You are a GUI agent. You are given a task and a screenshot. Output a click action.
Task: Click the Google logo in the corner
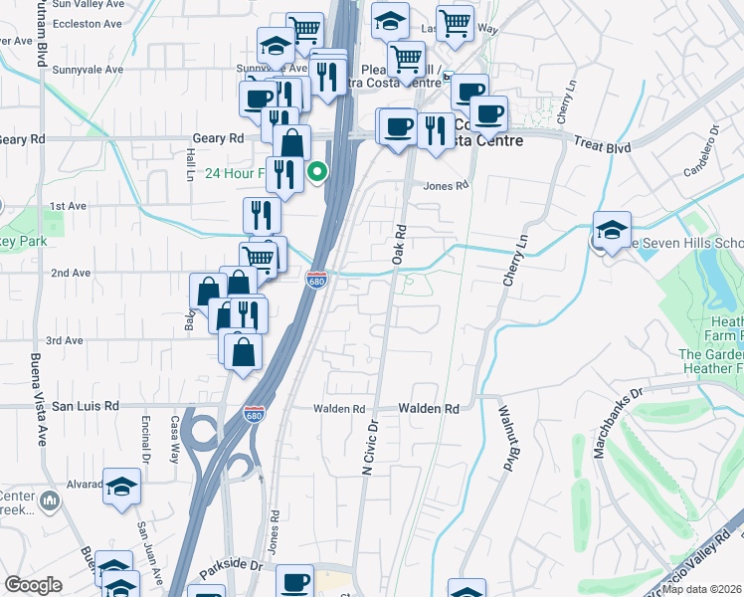click(33, 585)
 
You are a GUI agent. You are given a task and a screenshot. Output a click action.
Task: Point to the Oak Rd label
click(401, 243)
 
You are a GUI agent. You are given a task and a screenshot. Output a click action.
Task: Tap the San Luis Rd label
click(86, 406)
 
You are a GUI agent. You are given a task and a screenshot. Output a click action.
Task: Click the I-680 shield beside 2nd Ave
click(317, 281)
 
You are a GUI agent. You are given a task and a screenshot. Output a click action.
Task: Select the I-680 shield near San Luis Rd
click(255, 413)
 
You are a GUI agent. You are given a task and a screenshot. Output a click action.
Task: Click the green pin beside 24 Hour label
click(317, 172)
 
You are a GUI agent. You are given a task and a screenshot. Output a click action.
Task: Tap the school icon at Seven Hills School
click(612, 230)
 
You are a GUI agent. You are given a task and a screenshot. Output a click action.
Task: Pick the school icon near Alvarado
click(121, 486)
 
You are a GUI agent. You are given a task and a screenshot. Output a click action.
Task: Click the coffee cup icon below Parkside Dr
click(293, 582)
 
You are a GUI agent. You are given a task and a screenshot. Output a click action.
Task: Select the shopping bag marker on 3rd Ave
click(244, 350)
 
